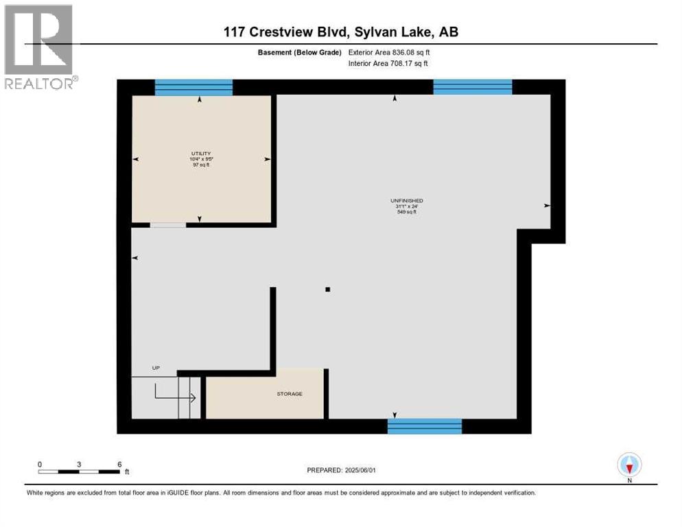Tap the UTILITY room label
tap(200, 153)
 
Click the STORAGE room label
tap(290, 393)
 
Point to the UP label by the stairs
tap(156, 368)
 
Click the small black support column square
tap(328, 290)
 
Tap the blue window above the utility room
tap(193, 87)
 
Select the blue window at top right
tap(473, 86)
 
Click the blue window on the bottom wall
tap(425, 425)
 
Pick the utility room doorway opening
tap(168, 224)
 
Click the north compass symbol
tap(628, 465)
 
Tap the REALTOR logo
tap(40, 47)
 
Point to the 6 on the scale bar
tap(119, 465)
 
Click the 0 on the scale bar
tap(40, 465)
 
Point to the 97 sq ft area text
tap(200, 165)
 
